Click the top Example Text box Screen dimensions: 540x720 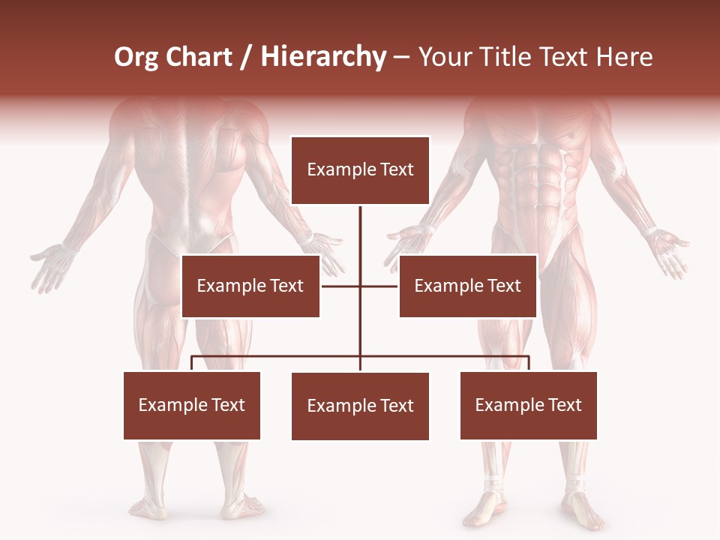[360, 170]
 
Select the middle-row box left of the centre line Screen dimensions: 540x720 [250, 286]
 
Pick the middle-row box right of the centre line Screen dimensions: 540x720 [467, 286]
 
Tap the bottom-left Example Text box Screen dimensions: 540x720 [191, 405]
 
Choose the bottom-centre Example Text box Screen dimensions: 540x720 [360, 406]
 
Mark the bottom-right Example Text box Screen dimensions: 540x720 [528, 405]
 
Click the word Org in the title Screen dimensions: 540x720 [136, 57]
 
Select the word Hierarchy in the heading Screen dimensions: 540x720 [322, 57]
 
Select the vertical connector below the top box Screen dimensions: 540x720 [360, 240]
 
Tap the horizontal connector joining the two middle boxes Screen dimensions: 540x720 [341, 286]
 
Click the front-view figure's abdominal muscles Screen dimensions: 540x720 [536, 172]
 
